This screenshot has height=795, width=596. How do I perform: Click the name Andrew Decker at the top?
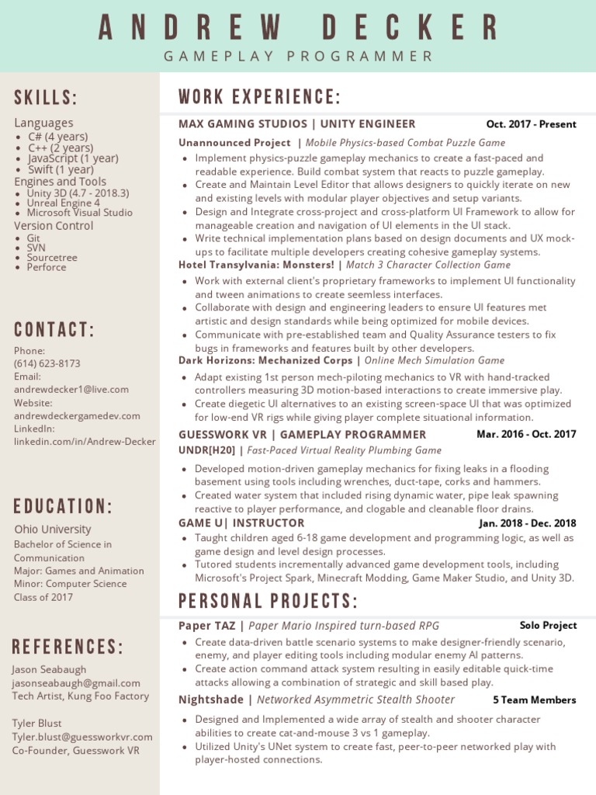click(x=298, y=27)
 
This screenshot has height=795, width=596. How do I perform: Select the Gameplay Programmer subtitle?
click(x=298, y=56)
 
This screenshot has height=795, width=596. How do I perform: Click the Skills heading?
click(x=46, y=98)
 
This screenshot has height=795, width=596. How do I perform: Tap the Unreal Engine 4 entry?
click(x=64, y=203)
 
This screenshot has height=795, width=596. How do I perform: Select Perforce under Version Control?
click(x=47, y=267)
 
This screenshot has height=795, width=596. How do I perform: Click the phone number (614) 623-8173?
click(x=47, y=363)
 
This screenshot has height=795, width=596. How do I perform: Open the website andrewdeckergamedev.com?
click(x=77, y=416)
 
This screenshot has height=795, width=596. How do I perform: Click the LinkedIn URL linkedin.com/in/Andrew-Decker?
click(x=85, y=442)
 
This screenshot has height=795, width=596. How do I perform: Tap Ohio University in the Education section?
click(x=52, y=529)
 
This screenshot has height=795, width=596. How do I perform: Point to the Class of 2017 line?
click(x=43, y=597)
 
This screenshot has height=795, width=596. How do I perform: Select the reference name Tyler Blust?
click(x=36, y=723)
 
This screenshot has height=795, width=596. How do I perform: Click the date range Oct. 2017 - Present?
click(x=531, y=124)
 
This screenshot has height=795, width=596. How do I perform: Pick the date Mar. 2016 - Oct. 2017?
click(x=526, y=434)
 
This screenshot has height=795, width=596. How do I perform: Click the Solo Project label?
click(x=548, y=625)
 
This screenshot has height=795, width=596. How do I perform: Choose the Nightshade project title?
click(x=210, y=700)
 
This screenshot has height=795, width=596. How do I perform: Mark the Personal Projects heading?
click(x=268, y=602)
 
